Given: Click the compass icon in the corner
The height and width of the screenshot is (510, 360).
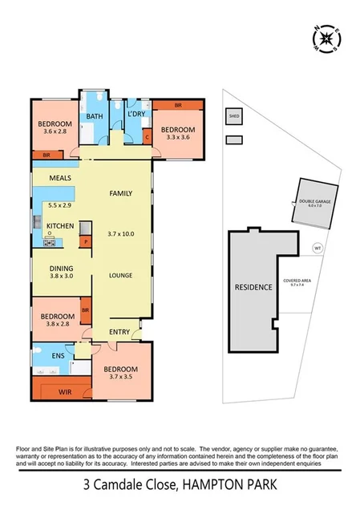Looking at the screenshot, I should pos(324,38).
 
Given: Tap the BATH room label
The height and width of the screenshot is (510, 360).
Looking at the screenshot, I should pos(95,116).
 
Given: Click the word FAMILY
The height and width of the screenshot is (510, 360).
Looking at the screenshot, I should pos(120,193).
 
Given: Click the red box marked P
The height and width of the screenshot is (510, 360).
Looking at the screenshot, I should pos(84,241).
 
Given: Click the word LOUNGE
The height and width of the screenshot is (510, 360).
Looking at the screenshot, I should pos(120,276).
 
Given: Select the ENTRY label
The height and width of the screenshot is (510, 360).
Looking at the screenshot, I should pos(119,330).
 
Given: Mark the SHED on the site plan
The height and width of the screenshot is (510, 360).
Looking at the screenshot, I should pos(234,116).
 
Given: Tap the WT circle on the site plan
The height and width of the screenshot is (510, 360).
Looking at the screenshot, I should pos(318,247).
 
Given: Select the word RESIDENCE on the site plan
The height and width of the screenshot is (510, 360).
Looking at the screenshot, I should pos(253,287).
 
